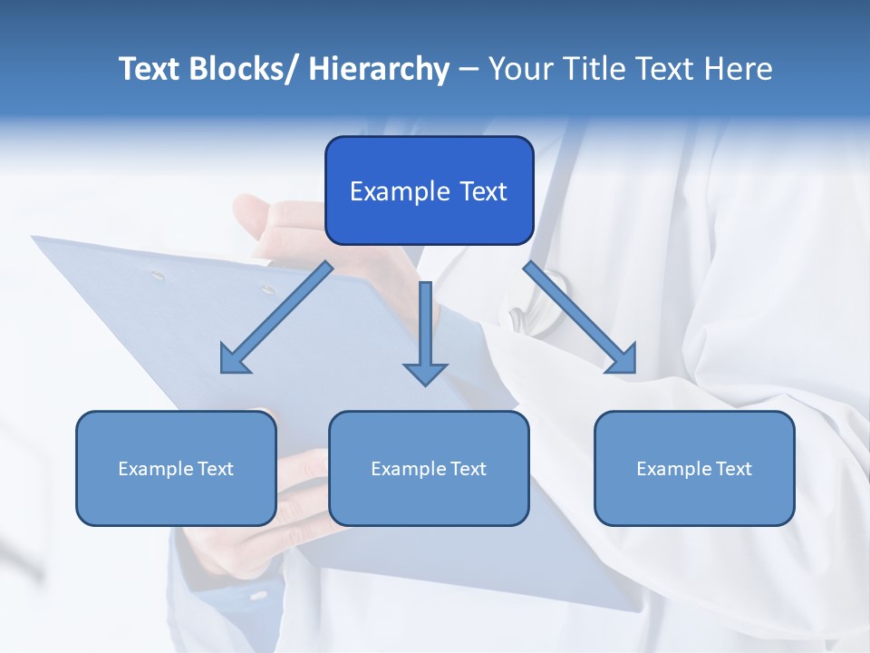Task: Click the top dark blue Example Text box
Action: [429, 190]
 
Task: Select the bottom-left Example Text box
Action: [176, 468]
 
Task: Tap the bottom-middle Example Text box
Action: [429, 468]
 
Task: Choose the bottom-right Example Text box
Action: [694, 468]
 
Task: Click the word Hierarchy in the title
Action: [379, 69]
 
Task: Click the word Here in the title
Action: [738, 69]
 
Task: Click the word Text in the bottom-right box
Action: [733, 469]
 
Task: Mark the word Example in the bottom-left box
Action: [155, 469]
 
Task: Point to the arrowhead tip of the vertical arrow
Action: [425, 384]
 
